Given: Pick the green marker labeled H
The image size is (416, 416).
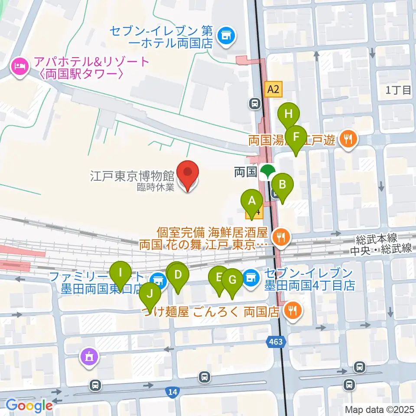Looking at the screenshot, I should coord(289,115).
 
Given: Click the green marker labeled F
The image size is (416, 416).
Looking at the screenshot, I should coord(296,137).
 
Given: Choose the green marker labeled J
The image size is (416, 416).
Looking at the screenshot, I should coord(150,294).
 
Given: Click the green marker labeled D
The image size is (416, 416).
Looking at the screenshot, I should coord(178,275).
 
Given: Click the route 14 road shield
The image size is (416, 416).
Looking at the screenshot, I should coord(172,392).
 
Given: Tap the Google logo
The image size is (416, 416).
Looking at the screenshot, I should coord(29,405).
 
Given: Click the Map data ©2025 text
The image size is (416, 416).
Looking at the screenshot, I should coord(379,409).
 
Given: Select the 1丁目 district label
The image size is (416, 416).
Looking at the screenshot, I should coord(398,90).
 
